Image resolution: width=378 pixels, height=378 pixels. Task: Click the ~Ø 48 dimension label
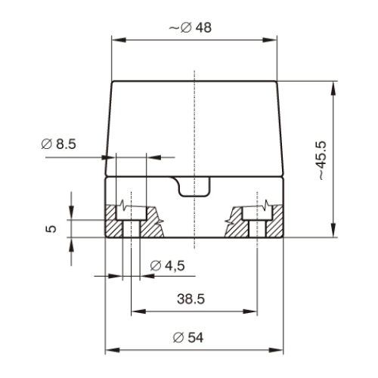pyautogui.click(x=191, y=28)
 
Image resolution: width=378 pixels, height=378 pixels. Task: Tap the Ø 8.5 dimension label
pyautogui.click(x=58, y=144)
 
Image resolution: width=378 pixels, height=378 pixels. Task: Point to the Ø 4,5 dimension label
pyautogui.click(x=167, y=266)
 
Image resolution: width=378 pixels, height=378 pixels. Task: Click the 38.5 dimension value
pyautogui.click(x=191, y=299)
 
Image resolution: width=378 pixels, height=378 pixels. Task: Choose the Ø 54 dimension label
pyautogui.click(x=188, y=338)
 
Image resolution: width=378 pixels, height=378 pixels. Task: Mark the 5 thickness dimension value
pyautogui.click(x=51, y=229)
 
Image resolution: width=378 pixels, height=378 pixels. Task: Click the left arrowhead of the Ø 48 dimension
pyautogui.click(x=119, y=40)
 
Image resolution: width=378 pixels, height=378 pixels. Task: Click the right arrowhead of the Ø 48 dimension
pyautogui.click(x=270, y=40)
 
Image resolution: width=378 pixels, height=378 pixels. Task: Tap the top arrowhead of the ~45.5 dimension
pyautogui.click(x=333, y=88)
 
